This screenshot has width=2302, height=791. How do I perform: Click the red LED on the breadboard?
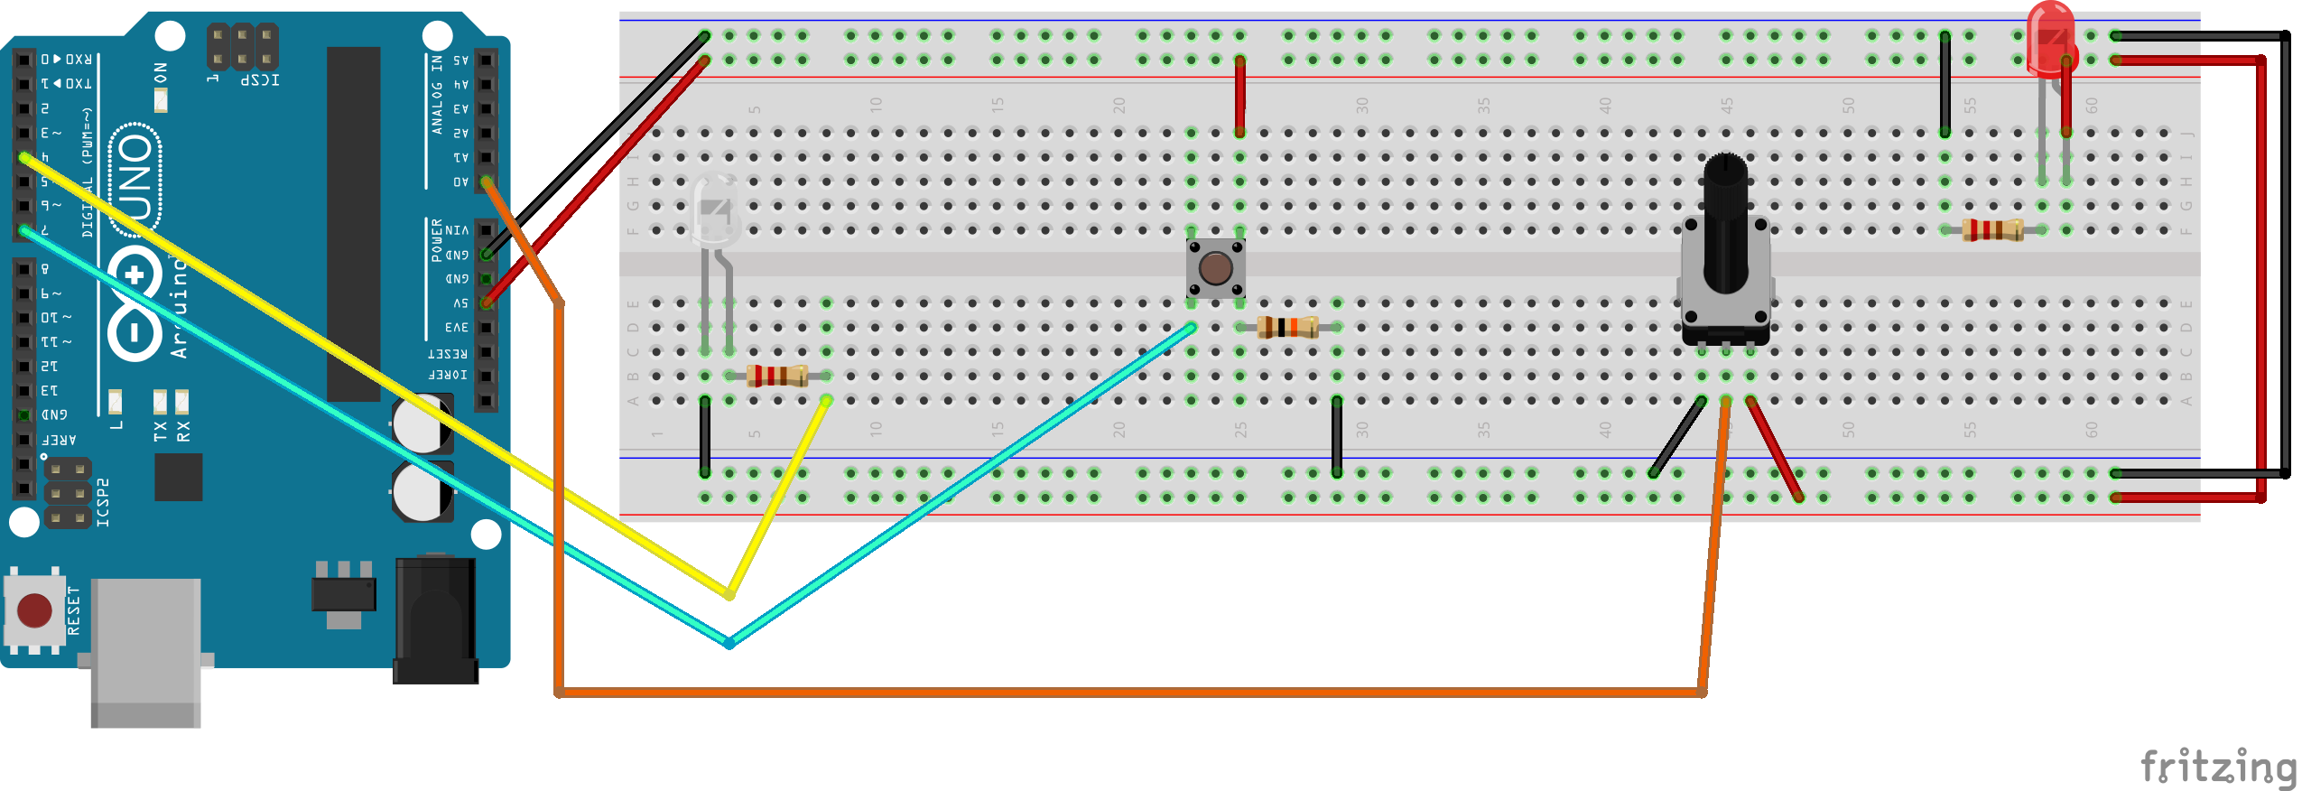click(x=2050, y=41)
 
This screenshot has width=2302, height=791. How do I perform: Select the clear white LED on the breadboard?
click(x=716, y=209)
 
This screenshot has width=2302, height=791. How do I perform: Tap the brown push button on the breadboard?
click(x=1215, y=268)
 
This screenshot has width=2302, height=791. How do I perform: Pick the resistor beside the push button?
click(x=1287, y=327)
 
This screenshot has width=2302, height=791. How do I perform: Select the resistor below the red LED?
click(x=1992, y=230)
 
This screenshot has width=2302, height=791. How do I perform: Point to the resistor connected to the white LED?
click(x=776, y=376)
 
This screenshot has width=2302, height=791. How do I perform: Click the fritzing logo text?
click(x=2217, y=768)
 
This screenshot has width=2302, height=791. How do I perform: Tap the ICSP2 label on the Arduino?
click(x=103, y=502)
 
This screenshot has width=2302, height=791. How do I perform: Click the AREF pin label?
click(x=59, y=440)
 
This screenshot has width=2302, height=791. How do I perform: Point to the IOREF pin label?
click(x=448, y=375)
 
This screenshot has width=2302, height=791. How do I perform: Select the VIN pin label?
click(x=457, y=230)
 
